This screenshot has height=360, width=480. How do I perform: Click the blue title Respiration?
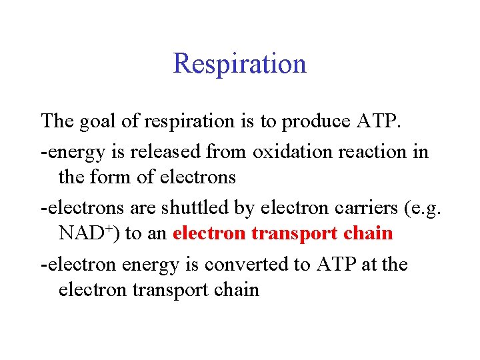[239, 63]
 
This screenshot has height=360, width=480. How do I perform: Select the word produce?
[314, 122]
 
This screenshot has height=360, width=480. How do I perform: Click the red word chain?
[371, 233]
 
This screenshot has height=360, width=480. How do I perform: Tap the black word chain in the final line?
[237, 290]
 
